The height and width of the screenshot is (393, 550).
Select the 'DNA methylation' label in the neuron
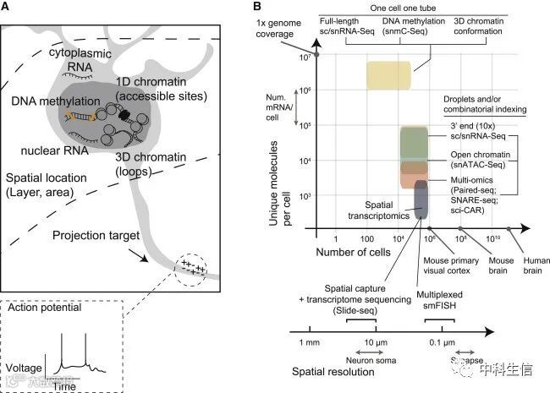click(47, 101)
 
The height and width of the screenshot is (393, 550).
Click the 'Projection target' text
click(102, 236)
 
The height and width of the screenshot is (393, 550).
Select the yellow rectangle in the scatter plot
click(388, 74)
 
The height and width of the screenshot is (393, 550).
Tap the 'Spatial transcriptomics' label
click(366, 210)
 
